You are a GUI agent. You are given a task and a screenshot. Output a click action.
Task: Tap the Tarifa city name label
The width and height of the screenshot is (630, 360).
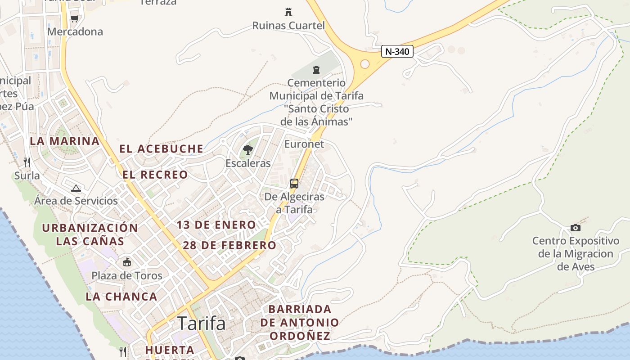click(201, 323)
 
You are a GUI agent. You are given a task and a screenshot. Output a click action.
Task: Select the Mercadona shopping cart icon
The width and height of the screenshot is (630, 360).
click(75, 18)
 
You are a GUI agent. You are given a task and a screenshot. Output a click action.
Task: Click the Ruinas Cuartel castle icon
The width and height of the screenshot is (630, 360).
click(288, 12)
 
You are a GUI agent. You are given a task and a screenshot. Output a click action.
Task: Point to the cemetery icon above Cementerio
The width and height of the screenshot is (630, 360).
click(316, 70)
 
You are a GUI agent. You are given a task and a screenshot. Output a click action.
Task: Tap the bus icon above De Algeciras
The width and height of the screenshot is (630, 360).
click(294, 184)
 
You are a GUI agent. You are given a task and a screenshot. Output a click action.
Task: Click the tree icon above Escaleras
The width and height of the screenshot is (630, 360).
click(247, 149)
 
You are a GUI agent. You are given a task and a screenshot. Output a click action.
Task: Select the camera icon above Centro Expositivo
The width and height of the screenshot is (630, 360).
click(575, 228)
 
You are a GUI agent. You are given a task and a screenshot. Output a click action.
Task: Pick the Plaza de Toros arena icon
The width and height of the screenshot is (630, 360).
click(127, 262)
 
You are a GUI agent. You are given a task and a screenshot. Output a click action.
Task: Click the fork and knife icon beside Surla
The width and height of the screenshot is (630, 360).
click(27, 162)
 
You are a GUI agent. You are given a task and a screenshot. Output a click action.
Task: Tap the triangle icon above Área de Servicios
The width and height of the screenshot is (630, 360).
click(76, 188)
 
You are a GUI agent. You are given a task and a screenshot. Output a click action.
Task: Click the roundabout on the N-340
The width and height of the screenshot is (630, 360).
click(364, 64)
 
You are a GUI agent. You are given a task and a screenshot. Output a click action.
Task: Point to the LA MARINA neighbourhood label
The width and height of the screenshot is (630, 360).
click(65, 141)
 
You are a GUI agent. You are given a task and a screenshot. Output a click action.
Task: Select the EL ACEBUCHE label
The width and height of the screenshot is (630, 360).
click(161, 148)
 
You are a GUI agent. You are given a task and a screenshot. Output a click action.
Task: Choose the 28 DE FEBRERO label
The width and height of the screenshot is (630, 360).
click(229, 245)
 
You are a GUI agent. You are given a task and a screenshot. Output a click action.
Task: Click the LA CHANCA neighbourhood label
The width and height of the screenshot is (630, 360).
click(121, 297)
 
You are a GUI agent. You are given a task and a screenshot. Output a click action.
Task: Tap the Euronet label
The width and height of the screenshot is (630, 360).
click(304, 144)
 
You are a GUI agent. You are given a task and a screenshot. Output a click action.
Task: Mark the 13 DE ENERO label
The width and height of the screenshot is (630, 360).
click(216, 225)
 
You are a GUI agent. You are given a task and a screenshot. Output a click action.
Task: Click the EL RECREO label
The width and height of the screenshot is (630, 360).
click(155, 175)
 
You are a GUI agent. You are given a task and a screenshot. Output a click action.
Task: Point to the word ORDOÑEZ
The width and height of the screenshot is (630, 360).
click(300, 336)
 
